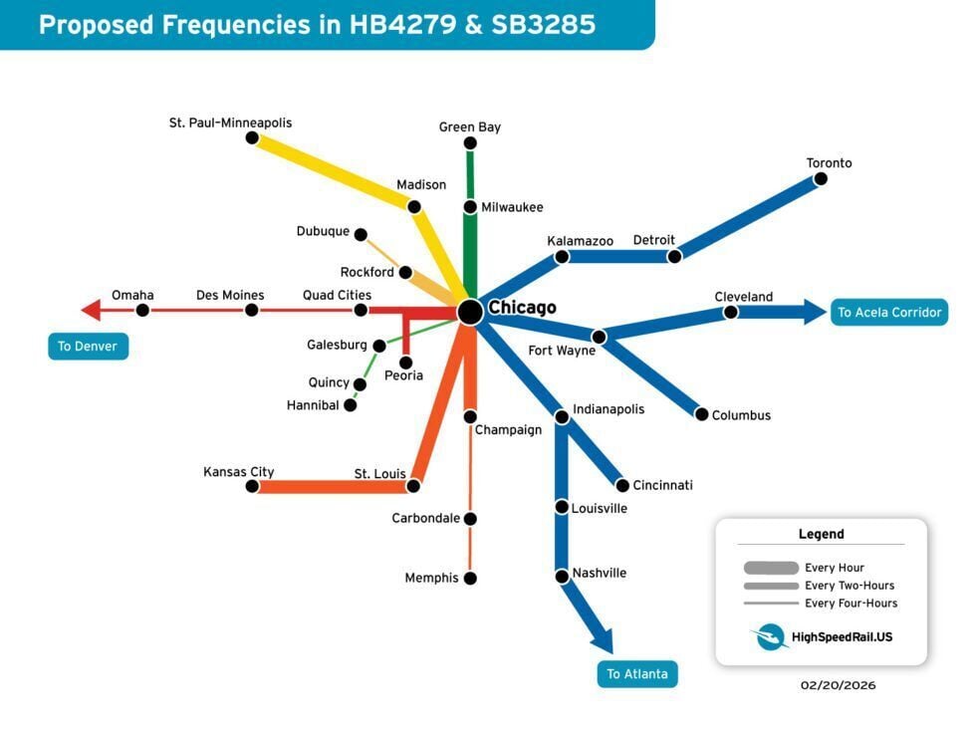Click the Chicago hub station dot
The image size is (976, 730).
470,312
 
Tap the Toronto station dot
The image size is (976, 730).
821,179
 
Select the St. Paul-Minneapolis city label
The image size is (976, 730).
230,122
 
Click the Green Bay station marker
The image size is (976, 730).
470,143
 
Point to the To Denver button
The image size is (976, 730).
88,347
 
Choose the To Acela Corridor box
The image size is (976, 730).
888,312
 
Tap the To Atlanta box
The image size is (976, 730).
637,674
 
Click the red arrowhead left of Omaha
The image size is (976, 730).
91,310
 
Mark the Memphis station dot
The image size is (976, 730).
470,578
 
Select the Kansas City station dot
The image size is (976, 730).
252,486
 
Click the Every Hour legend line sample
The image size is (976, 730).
771,568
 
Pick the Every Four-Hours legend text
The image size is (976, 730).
852,604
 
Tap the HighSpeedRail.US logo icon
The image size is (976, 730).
771,636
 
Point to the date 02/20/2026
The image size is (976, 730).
838,685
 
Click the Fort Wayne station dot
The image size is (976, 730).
599,337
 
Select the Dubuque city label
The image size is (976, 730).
323,232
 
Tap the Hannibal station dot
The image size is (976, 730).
350,405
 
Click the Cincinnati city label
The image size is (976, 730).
662,485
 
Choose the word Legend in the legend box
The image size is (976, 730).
821,534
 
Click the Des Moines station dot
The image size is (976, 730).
251,310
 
